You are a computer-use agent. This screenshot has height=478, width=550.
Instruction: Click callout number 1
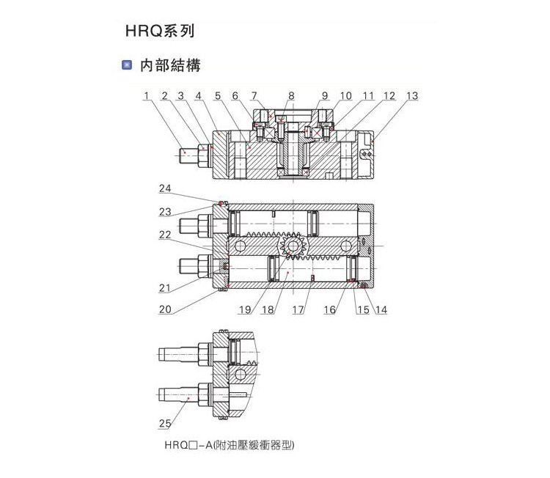coord(147,96)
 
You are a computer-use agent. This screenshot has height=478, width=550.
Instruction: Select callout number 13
coord(412,96)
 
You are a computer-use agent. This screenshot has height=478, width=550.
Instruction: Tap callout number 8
coord(291,96)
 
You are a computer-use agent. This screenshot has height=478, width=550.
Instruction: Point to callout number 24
coord(165,188)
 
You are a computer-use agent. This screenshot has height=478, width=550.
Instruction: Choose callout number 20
coord(165,309)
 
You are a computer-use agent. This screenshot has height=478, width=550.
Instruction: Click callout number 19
coord(245,309)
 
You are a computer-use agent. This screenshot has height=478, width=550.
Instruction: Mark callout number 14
coord(381,309)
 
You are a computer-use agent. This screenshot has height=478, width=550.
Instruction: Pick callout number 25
coord(165,423)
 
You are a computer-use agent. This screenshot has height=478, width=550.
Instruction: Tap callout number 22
coord(165,235)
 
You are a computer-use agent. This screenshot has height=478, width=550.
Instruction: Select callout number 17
coord(298,309)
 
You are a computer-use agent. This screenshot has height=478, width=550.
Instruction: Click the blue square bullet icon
coord(127,65)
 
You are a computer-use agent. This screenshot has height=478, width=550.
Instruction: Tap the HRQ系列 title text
coord(160,31)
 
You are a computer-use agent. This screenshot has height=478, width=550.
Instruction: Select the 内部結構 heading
coord(170,65)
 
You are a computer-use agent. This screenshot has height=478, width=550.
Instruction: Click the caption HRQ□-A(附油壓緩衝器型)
coord(230,445)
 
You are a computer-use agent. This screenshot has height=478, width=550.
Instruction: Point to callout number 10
coord(345,96)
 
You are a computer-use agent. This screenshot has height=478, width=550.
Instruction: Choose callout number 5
coord(218,96)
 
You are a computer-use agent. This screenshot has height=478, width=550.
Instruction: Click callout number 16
coord(329,309)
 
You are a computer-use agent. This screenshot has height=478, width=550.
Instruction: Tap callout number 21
coord(165,288)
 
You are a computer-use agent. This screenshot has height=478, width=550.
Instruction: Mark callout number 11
coord(368,96)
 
